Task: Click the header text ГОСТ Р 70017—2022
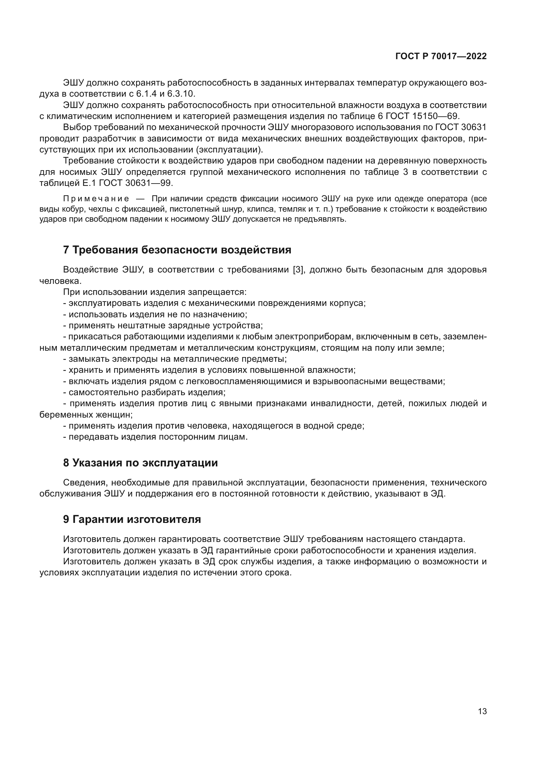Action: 441,56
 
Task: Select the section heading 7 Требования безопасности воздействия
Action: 177,250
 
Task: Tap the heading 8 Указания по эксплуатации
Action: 140,463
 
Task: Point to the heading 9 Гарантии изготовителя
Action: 132,520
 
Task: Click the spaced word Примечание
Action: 96,199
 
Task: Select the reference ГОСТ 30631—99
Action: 136,183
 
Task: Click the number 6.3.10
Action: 181,94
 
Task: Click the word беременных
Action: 62,415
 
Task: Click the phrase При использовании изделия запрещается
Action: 154,292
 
